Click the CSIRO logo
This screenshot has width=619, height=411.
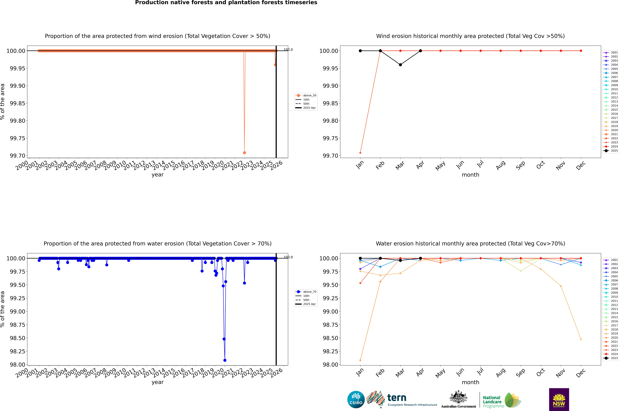click(x=356, y=399)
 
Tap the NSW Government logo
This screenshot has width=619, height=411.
click(x=559, y=399)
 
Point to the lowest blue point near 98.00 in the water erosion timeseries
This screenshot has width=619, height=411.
click(x=225, y=360)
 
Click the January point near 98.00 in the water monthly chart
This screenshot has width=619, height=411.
click(x=360, y=360)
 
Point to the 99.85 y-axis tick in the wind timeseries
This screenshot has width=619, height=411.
click(x=18, y=103)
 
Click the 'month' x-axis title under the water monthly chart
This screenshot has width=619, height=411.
click(x=470, y=382)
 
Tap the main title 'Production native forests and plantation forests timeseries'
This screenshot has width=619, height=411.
click(x=226, y=3)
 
